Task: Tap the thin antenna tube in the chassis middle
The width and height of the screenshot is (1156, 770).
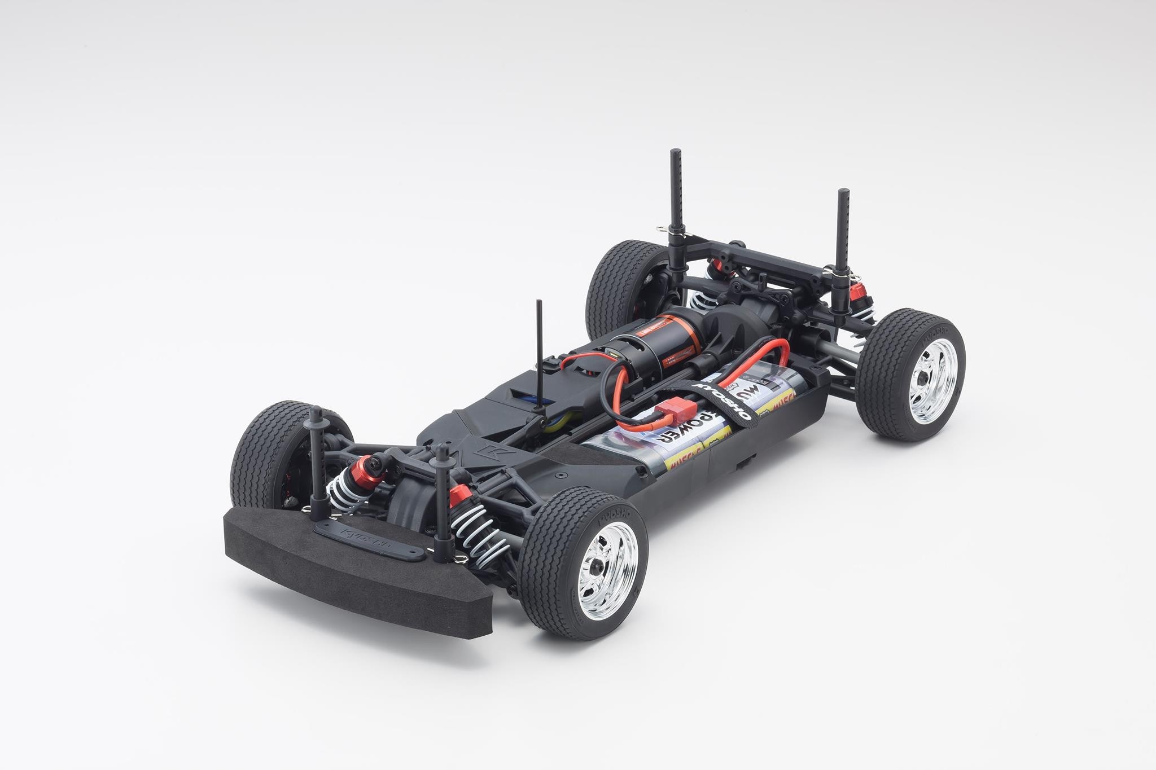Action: pos(537,361)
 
